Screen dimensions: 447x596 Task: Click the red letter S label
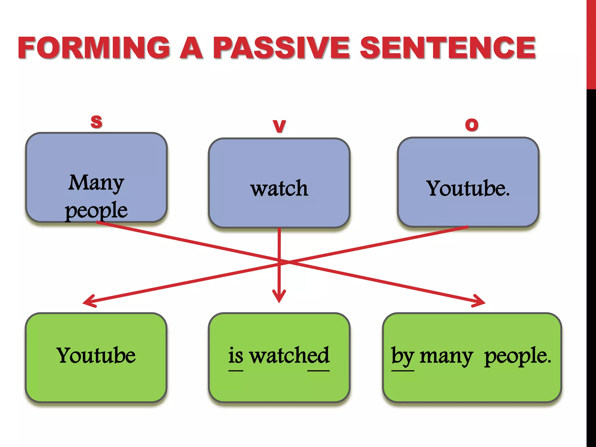point(96,121)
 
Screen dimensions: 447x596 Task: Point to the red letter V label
point(279,126)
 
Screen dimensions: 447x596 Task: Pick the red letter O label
point(472,125)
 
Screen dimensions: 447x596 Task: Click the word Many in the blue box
point(96,183)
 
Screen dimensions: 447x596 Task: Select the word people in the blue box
point(96,210)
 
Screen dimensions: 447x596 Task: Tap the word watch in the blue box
point(279,188)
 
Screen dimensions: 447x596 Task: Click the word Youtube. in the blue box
point(468,188)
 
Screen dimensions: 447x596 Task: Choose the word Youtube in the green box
point(96,355)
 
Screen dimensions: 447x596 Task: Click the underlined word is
point(235,355)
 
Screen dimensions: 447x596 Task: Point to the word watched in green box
point(290,355)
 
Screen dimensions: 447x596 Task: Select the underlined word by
point(402,356)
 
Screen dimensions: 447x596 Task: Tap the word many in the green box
point(446,356)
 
